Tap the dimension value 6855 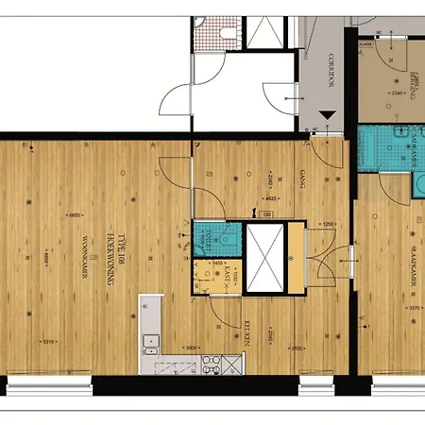(x=72, y=217)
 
